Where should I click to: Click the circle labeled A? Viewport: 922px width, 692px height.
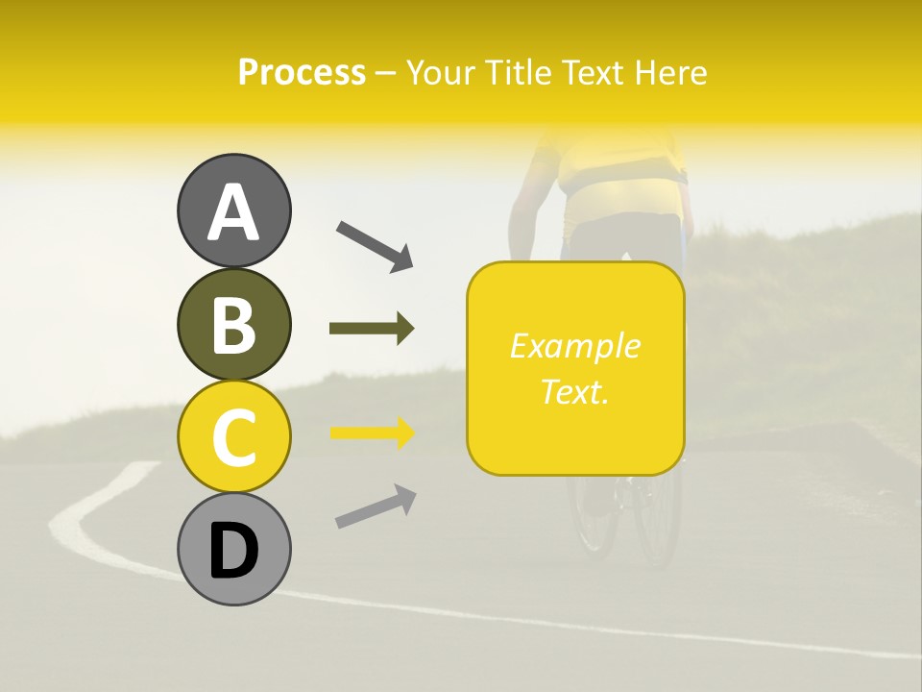pyautogui.click(x=233, y=210)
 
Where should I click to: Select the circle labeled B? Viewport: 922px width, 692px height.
pyautogui.click(x=233, y=324)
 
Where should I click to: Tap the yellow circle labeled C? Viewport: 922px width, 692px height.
pyautogui.click(x=233, y=435)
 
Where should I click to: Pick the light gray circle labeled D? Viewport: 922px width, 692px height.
pyautogui.click(x=233, y=549)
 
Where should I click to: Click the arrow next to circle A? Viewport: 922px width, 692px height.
pyautogui.click(x=375, y=244)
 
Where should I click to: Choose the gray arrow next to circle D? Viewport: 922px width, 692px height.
pyautogui.click(x=376, y=507)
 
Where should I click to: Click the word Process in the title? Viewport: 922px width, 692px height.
pyautogui.click(x=302, y=73)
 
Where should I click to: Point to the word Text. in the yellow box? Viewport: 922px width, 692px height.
pyautogui.click(x=574, y=392)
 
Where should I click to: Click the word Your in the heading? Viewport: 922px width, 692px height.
pyautogui.click(x=441, y=73)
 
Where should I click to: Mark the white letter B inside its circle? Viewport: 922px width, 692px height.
pyautogui.click(x=233, y=325)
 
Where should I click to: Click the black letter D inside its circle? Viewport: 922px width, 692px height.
pyautogui.click(x=233, y=551)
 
